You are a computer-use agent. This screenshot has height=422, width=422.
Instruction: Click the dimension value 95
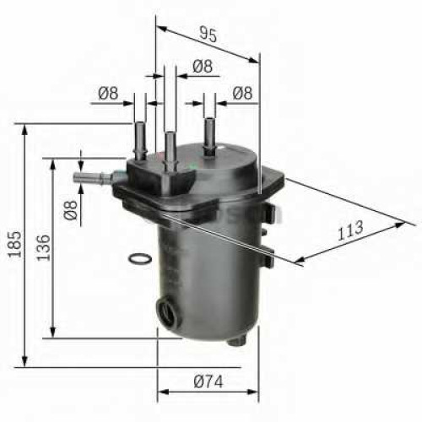pyautogui.click(x=208, y=35)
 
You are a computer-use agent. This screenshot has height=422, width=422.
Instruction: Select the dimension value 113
pyautogui.click(x=350, y=230)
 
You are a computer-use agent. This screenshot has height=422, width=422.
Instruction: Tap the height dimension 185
pyautogui.click(x=14, y=244)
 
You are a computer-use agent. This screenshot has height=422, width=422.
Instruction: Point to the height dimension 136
pyautogui.click(x=43, y=247)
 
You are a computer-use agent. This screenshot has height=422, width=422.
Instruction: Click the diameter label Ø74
pyautogui.click(x=208, y=381)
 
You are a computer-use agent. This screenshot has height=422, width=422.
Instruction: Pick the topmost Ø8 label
pyautogui.click(x=203, y=66)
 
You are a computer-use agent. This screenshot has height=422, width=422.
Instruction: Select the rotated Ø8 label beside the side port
pyautogui.click(x=70, y=210)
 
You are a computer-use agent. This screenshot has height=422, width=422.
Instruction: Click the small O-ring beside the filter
pyautogui.click(x=139, y=258)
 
